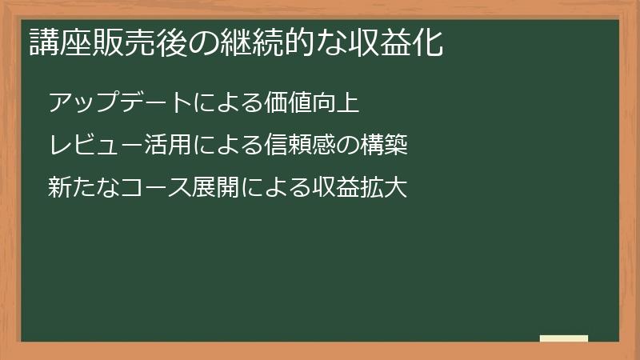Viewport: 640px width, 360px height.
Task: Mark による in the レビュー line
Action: (x=210, y=146)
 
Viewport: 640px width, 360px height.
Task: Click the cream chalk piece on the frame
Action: (x=564, y=339)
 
